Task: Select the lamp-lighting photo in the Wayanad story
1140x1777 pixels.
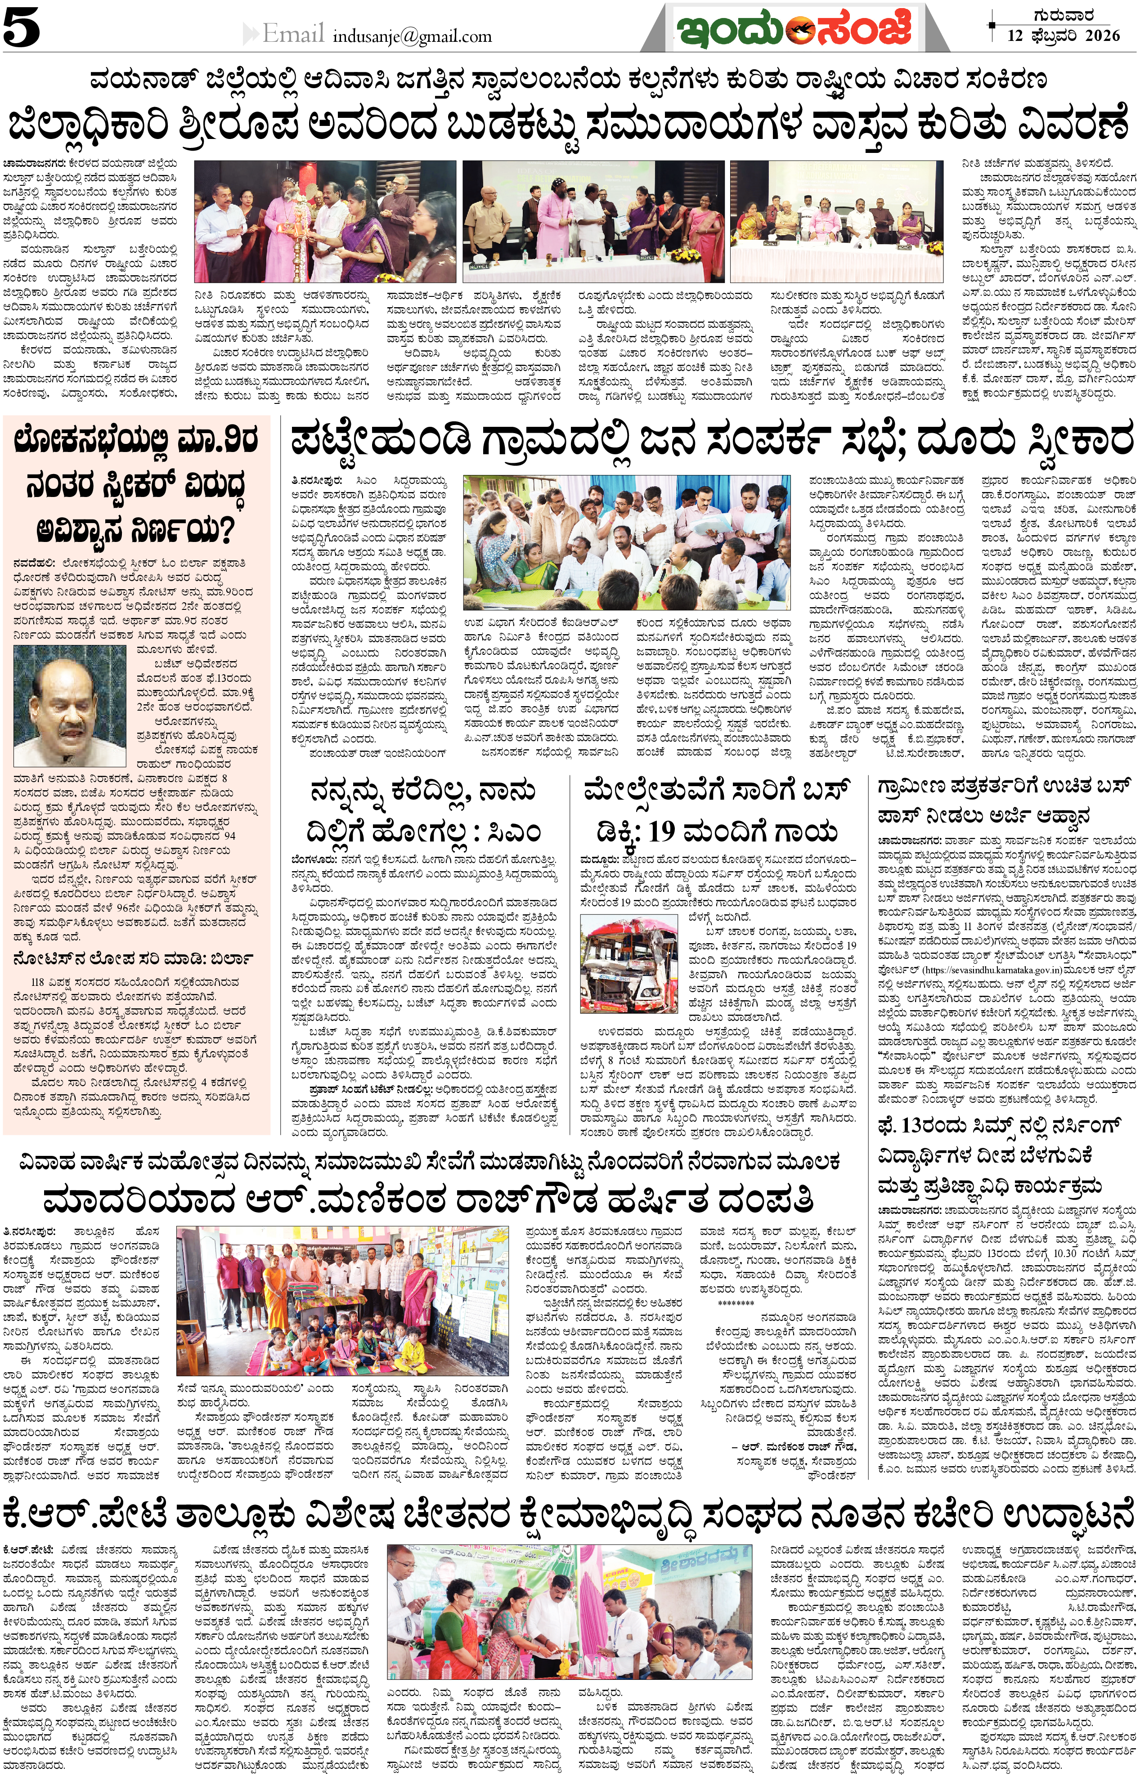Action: (325, 220)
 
